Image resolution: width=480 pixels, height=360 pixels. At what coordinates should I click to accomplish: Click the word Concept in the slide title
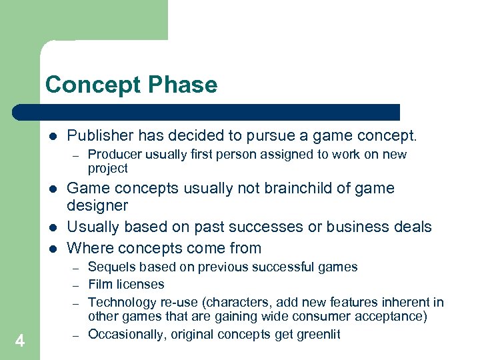pyautogui.click(x=90, y=85)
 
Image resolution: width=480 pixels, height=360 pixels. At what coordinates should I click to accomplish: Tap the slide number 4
pyautogui.click(x=20, y=341)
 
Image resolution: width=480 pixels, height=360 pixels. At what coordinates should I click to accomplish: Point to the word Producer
pyautogui.click(x=114, y=155)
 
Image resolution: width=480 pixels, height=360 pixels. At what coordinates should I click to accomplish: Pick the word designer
pyautogui.click(x=97, y=206)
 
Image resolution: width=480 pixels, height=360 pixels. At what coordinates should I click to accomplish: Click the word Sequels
pyautogui.click(x=111, y=267)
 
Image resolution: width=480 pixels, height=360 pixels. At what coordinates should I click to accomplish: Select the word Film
pyautogui.click(x=99, y=285)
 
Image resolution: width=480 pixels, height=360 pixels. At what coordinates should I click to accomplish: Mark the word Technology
pyautogui.click(x=121, y=302)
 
